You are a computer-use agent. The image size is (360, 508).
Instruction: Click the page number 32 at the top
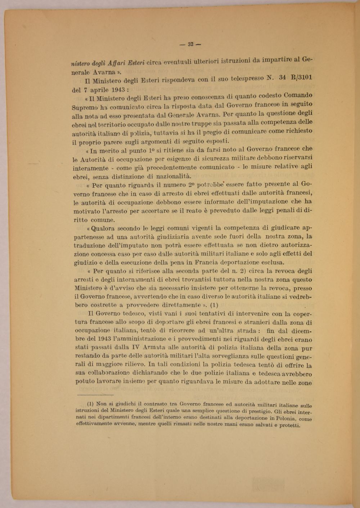[x=190, y=44]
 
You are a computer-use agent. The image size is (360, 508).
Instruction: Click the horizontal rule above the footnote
[x=95, y=395]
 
